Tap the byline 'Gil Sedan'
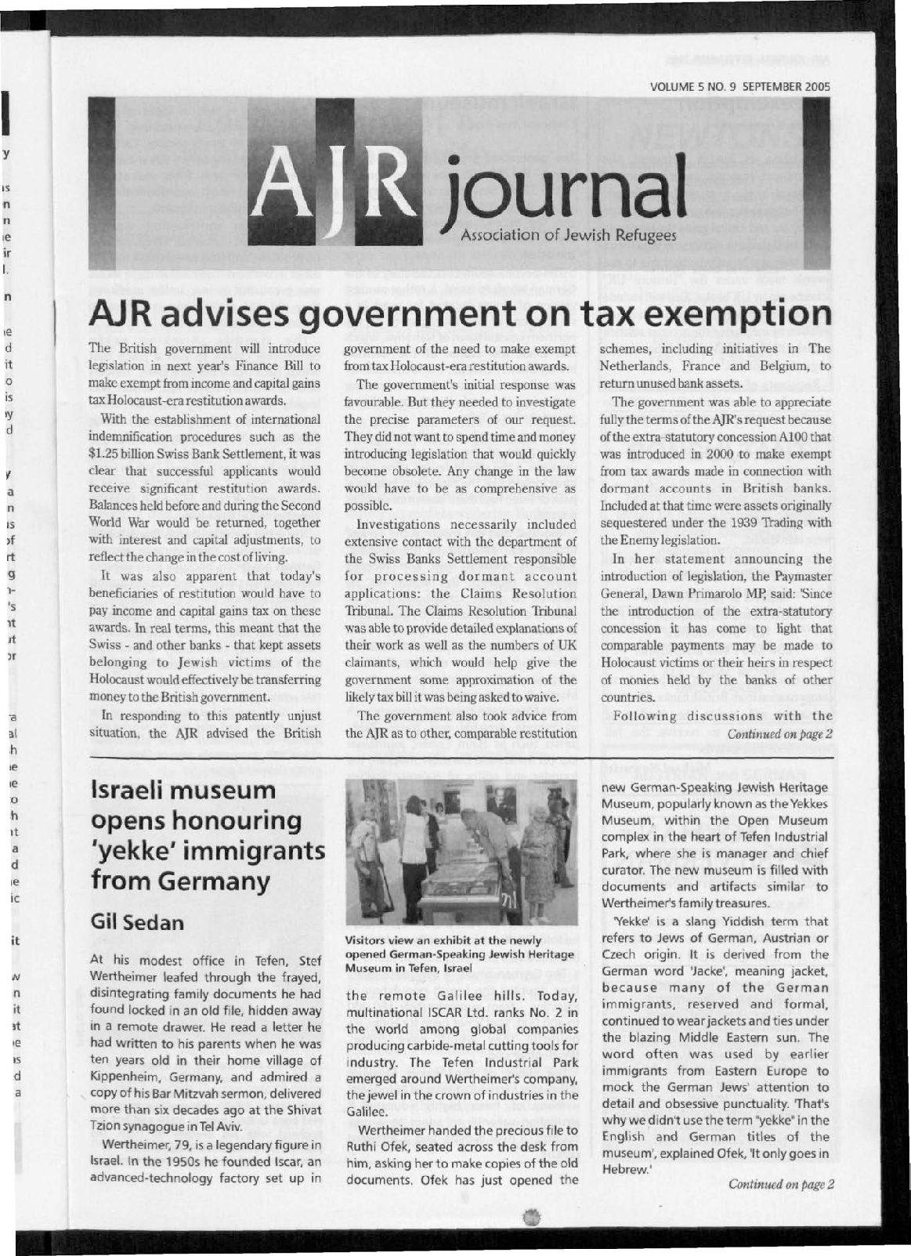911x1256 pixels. tap(137, 922)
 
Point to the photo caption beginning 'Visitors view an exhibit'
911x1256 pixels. tap(460, 954)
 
